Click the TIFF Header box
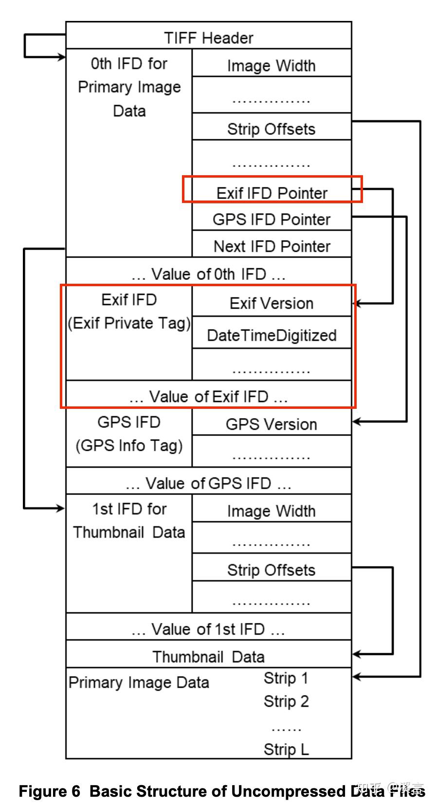click(x=208, y=37)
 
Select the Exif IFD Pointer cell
click(x=272, y=193)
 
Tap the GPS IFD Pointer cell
click(x=272, y=219)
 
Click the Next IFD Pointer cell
click(x=272, y=246)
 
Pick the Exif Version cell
click(x=272, y=303)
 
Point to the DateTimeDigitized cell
click(x=272, y=335)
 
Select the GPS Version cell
click(x=272, y=424)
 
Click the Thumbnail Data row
click(x=208, y=656)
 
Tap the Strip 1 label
click(x=286, y=678)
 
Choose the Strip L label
click(x=286, y=749)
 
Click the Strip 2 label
click(x=286, y=701)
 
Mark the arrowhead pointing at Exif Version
click(x=357, y=303)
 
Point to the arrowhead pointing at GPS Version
click(x=357, y=421)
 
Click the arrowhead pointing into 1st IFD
click(x=60, y=508)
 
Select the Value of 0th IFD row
click(x=208, y=274)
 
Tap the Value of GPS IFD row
click(x=208, y=483)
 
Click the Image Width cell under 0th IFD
click(x=272, y=65)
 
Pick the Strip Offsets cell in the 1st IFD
click(x=272, y=569)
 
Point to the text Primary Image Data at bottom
click(x=139, y=682)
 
